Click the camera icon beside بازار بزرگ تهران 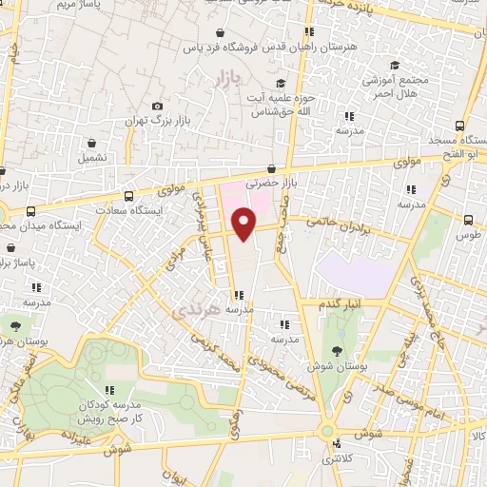(x=157, y=106)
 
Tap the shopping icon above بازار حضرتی (x=272, y=167)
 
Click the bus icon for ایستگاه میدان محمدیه (x=31, y=211)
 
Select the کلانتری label (x=341, y=459)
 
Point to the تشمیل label (x=94, y=156)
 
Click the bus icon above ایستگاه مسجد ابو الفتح (x=461, y=126)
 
